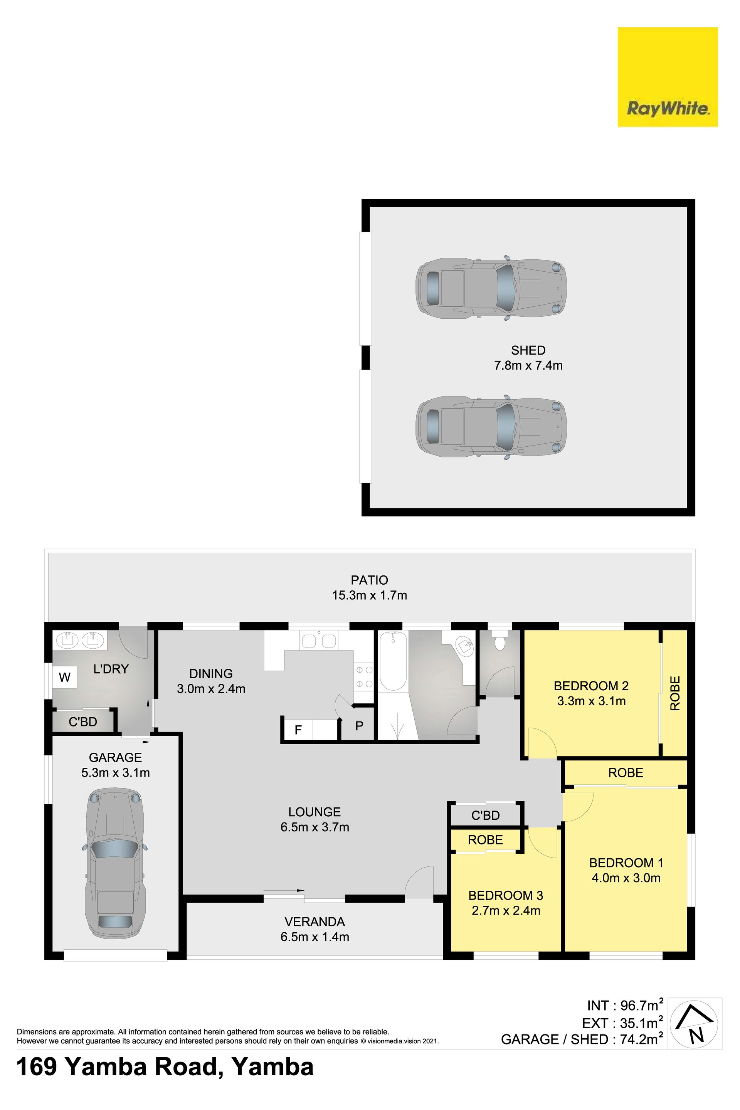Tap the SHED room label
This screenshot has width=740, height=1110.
pos(528,350)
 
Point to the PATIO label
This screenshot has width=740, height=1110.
pos(370,580)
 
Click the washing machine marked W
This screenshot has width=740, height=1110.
pos(65,677)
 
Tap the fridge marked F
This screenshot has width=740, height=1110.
pos(298,730)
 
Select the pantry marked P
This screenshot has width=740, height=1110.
pos(359,726)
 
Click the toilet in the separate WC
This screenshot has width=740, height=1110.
pos(499,641)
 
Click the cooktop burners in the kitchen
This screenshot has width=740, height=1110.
pos(364,676)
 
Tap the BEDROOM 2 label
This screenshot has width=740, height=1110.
pos(591,685)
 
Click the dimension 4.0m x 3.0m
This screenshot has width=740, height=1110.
pos(626,878)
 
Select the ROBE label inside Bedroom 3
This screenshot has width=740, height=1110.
pos(485,839)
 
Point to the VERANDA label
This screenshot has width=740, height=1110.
pos(314,921)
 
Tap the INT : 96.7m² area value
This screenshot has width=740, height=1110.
pos(625,1006)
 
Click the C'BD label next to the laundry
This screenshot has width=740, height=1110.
pos(82,721)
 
